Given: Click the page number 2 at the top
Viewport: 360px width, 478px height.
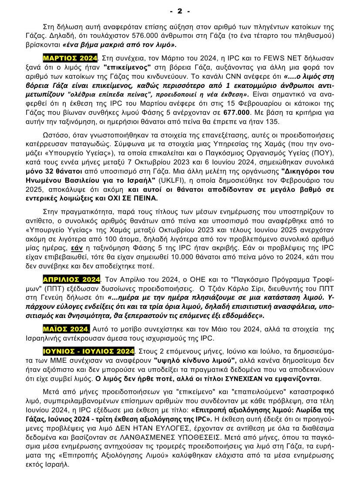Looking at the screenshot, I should pyautogui.click(x=180, y=10).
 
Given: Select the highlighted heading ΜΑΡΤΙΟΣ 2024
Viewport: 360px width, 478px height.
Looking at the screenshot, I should pyautogui.click(x=70, y=57).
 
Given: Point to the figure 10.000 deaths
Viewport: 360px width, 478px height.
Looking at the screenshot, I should pyautogui.click(x=213, y=258).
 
